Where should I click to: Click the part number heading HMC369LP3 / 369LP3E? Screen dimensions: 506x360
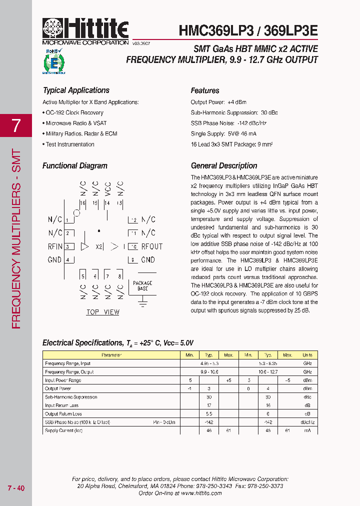pyautogui.click(x=248, y=30)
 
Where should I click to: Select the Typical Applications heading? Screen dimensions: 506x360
pyautogui.click(x=76, y=90)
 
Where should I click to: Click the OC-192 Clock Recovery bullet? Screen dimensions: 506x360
pyautogui.click(x=74, y=112)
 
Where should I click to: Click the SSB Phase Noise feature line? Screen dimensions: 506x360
pyautogui.click(x=228, y=123)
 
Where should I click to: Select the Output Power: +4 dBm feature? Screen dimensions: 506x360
pyautogui.click(x=215, y=102)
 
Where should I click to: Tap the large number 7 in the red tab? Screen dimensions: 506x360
pyautogui.click(x=16, y=125)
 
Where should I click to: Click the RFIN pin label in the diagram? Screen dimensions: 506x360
pyautogui.click(x=55, y=246)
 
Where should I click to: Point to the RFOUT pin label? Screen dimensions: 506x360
pyautogui.click(x=152, y=246)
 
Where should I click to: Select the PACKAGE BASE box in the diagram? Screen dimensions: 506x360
pyautogui.click(x=142, y=286)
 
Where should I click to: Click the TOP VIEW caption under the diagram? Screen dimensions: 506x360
pyautogui.click(x=103, y=312)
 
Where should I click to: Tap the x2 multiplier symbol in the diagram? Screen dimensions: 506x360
pyautogui.click(x=99, y=246)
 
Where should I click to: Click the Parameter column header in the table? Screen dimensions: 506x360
pyautogui.click(x=111, y=355)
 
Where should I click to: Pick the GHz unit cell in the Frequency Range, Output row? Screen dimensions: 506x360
pyautogui.click(x=307, y=372)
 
